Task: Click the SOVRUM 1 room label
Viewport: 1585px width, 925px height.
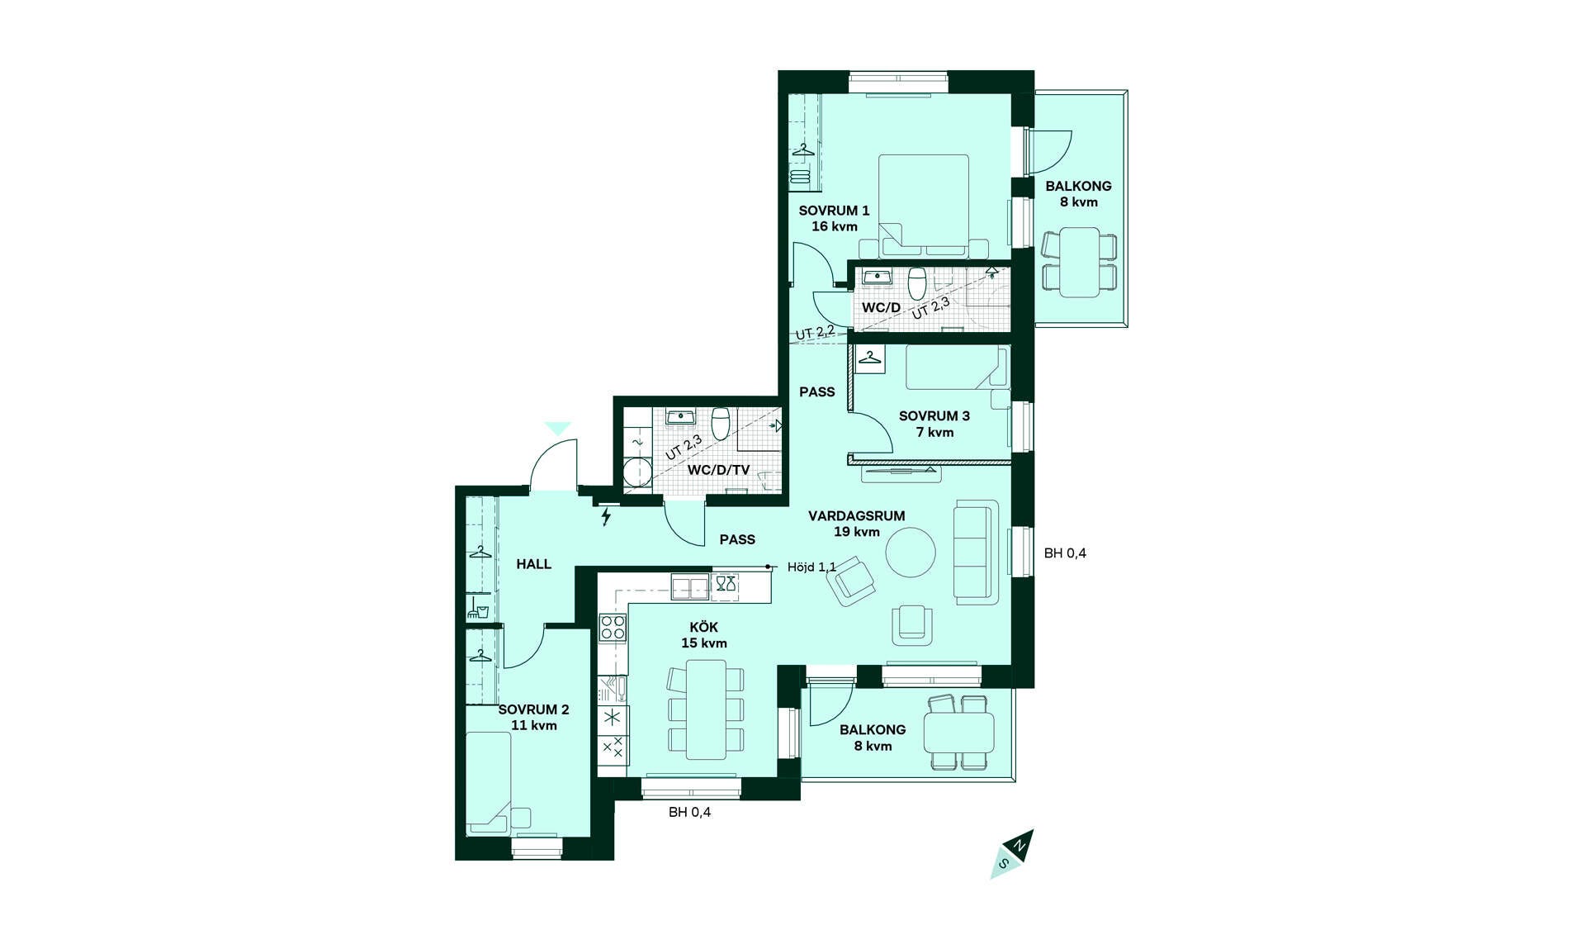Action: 834,219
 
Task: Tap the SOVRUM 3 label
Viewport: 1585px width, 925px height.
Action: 934,424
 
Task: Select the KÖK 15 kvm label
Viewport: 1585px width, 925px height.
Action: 704,635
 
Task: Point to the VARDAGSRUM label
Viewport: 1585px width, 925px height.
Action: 856,516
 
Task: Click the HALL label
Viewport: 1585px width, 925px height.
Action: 534,564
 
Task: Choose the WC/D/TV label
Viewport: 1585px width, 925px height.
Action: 719,470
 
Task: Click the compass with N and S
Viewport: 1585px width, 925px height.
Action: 1012,854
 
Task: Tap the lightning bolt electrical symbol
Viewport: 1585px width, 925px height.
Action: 607,517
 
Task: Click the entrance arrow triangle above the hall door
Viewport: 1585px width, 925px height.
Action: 558,429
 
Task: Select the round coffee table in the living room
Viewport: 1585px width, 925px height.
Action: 911,553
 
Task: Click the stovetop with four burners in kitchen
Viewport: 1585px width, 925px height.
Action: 613,628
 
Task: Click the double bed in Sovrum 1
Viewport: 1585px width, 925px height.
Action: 923,205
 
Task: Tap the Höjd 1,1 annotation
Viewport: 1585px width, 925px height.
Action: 811,567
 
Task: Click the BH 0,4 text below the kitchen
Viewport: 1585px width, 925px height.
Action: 689,812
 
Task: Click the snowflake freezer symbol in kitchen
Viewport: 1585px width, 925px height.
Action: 613,717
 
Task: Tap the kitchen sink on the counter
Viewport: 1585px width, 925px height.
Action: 690,587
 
